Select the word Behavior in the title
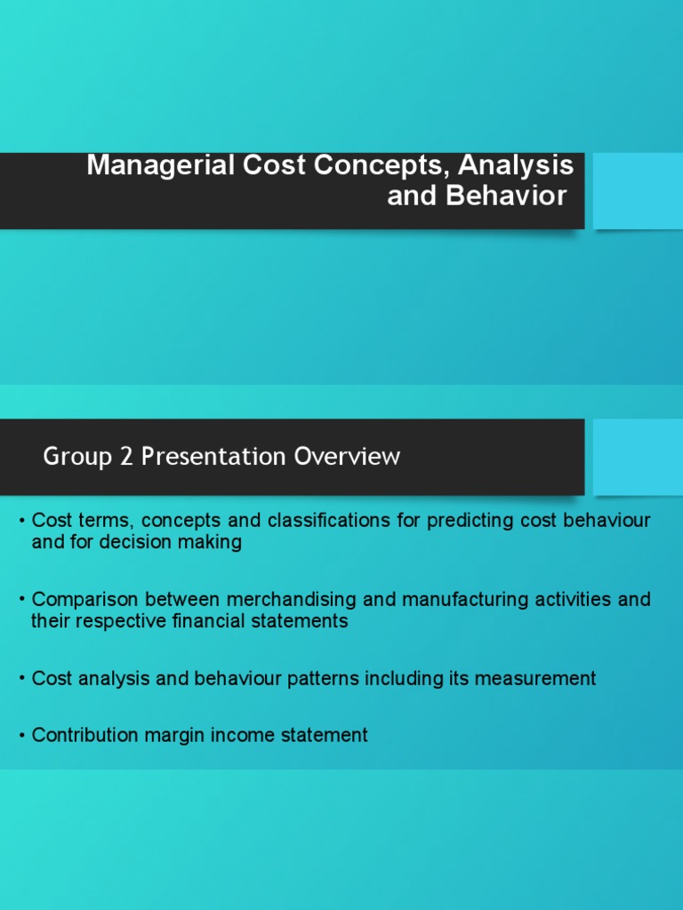[x=506, y=196]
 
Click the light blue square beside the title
[x=637, y=190]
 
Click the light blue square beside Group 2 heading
[x=637, y=457]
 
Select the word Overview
[x=348, y=458]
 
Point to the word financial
[x=187, y=621]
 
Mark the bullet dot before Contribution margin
[x=21, y=736]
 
